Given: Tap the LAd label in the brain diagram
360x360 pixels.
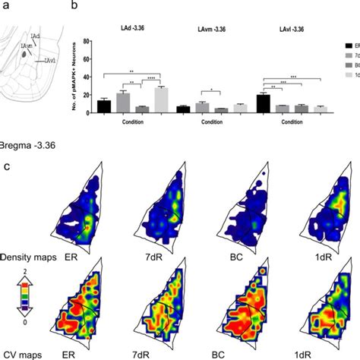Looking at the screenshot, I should tap(33, 35).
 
